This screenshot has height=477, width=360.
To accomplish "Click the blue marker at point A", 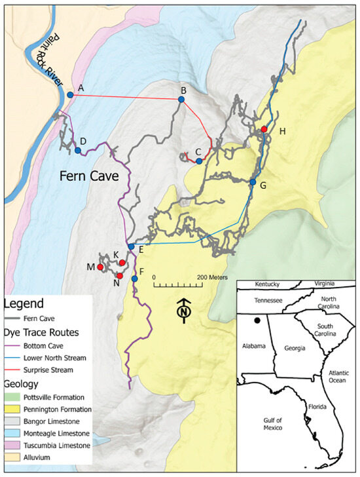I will [70, 95].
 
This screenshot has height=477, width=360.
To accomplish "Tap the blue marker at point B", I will [180, 99].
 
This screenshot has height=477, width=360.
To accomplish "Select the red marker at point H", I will [264, 129].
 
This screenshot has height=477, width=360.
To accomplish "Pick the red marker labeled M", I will [100, 267].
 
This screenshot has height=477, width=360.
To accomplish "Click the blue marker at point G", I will [253, 181].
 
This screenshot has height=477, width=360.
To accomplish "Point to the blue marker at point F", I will [134, 279].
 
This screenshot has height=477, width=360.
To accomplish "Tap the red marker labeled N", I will [120, 276].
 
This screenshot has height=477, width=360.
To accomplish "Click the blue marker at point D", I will [78, 151].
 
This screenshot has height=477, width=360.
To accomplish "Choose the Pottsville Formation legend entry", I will [51, 397].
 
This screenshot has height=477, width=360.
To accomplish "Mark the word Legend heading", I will [23, 303].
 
